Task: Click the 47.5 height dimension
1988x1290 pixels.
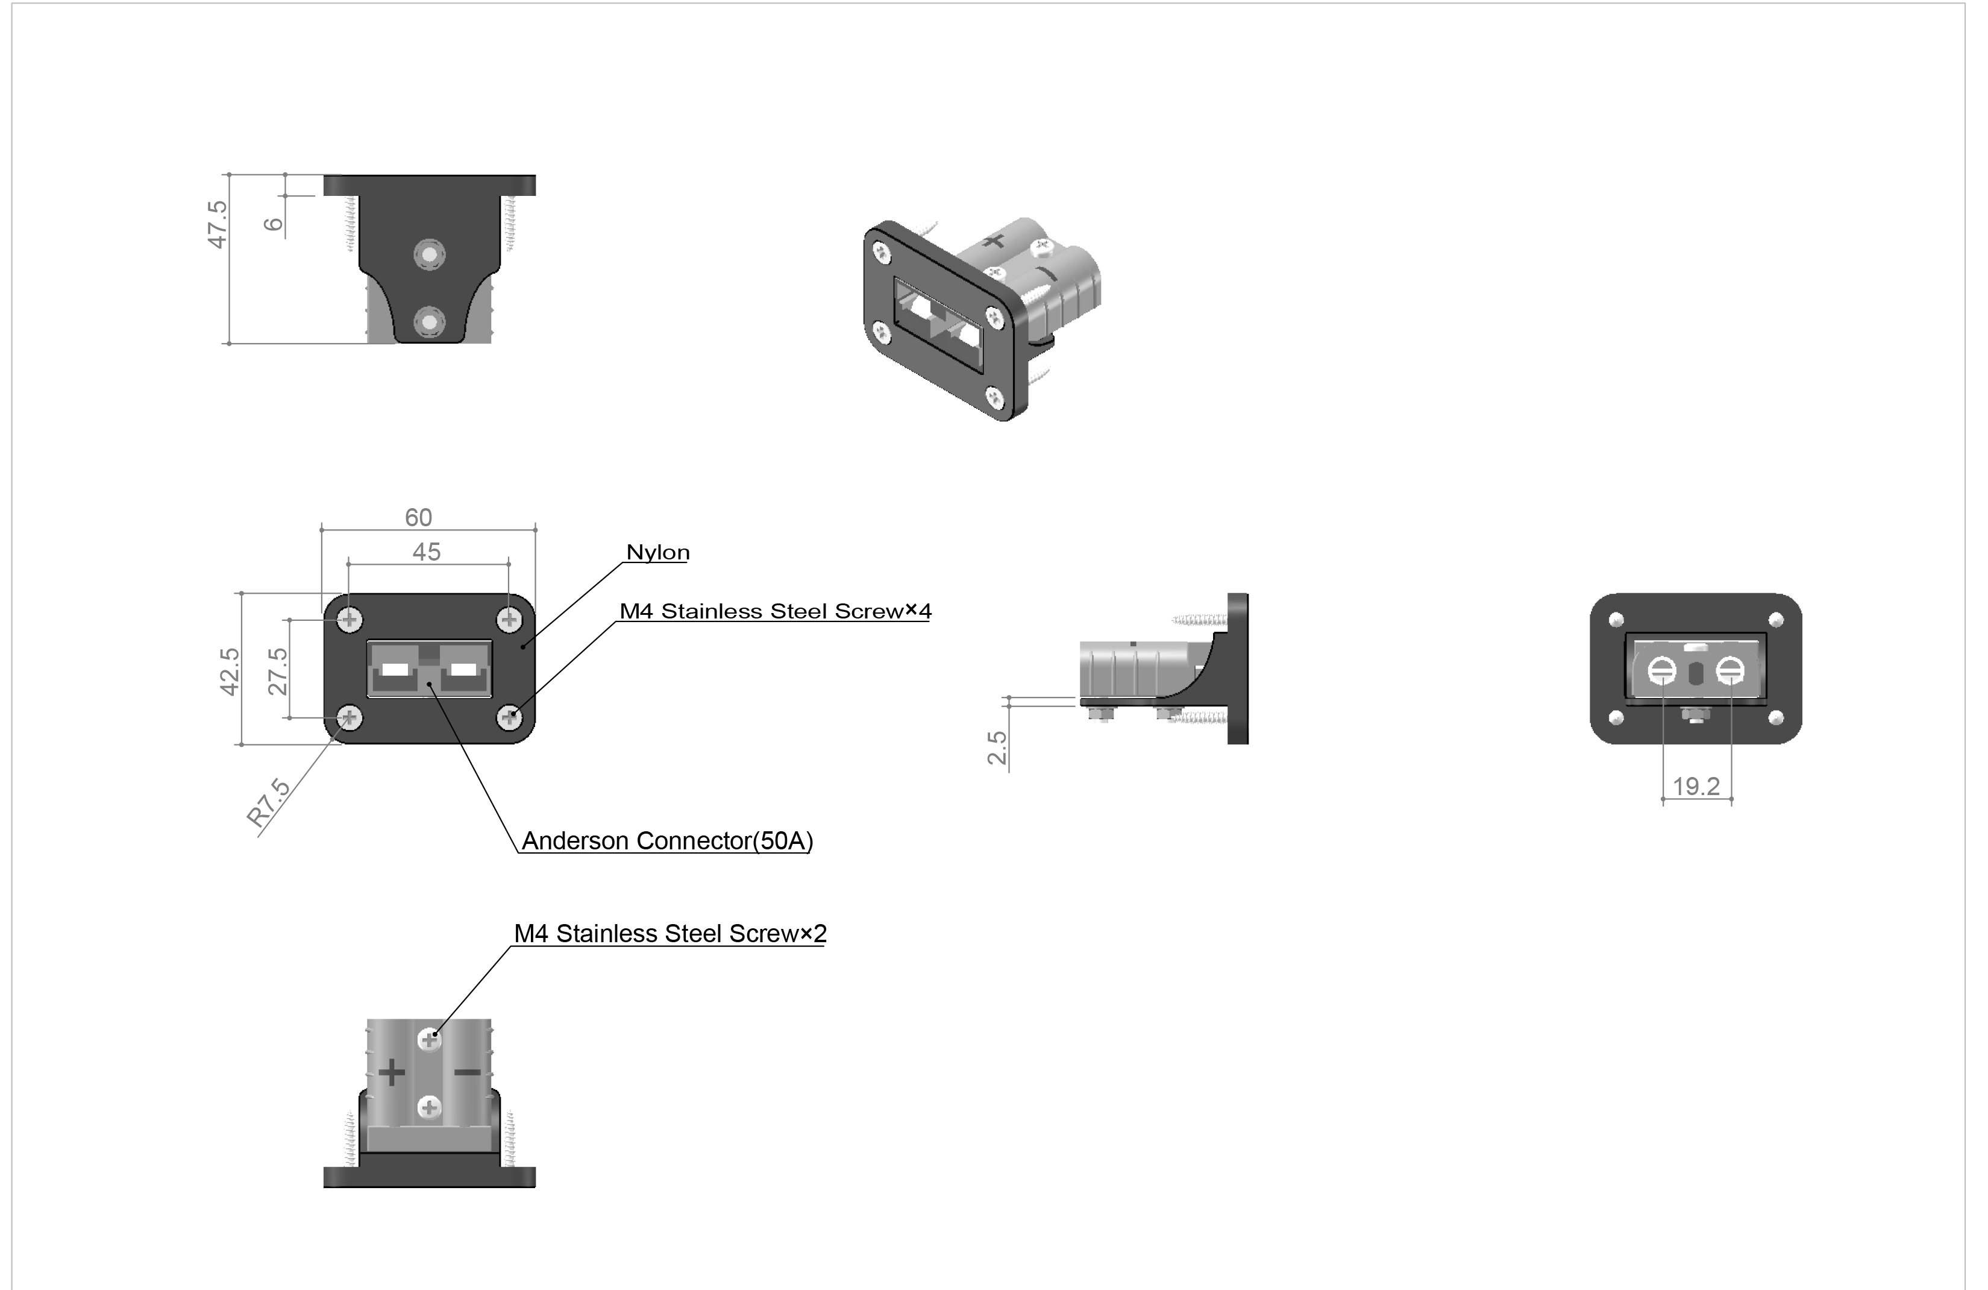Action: [217, 224]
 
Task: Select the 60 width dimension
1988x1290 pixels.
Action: [418, 518]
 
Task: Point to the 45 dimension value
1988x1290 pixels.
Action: [426, 552]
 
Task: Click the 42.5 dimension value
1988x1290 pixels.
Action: [230, 672]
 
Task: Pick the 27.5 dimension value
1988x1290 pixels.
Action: [278, 672]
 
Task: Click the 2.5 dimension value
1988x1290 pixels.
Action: [997, 747]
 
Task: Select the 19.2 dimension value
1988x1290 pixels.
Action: [1696, 786]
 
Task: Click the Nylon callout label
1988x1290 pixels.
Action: [658, 552]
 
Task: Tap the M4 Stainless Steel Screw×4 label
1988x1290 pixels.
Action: [775, 612]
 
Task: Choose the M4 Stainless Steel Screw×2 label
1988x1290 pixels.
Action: [670, 934]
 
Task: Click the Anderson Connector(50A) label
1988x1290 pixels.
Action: [668, 840]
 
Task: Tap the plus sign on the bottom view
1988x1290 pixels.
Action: [392, 1073]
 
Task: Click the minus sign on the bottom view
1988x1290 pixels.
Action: [467, 1072]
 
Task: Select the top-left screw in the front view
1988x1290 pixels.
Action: [350, 620]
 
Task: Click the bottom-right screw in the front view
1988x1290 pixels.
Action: [510, 717]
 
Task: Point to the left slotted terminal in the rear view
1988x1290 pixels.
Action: [1661, 671]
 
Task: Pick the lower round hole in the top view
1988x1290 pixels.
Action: [429, 322]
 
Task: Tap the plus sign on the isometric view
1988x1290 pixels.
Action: [992, 242]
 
